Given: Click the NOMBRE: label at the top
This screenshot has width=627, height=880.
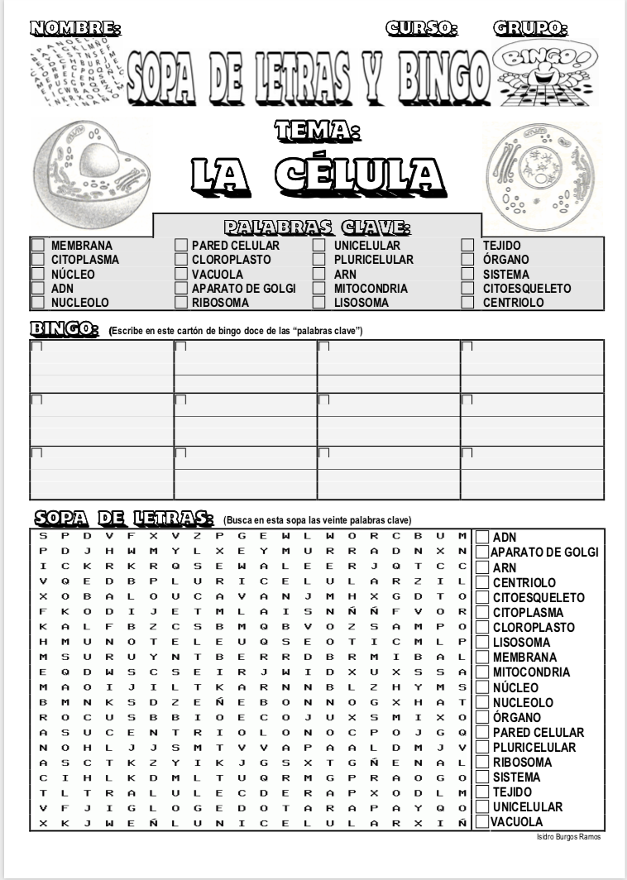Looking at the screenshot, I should [x=74, y=28].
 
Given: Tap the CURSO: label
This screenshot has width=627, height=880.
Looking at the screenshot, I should [x=422, y=28].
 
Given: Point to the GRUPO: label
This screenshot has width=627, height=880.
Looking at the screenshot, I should [x=530, y=28].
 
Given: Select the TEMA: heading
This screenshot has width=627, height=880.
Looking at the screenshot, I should [x=318, y=130].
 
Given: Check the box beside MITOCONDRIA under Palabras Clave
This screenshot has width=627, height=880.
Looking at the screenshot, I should [x=318, y=289].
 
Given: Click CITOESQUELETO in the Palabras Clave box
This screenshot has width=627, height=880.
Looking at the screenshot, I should [x=527, y=289].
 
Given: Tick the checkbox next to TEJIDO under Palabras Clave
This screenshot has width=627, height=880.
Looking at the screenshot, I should [x=467, y=246].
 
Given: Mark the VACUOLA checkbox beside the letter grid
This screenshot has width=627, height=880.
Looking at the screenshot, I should [x=481, y=822].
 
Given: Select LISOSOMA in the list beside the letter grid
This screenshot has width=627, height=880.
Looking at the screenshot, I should [x=521, y=643].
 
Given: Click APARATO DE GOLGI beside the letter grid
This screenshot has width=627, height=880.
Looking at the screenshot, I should [x=545, y=552].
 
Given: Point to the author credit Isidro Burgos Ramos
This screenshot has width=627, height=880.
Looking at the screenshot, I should [x=568, y=837].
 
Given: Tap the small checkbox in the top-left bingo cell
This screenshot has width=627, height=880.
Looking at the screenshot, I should [x=36, y=347].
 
